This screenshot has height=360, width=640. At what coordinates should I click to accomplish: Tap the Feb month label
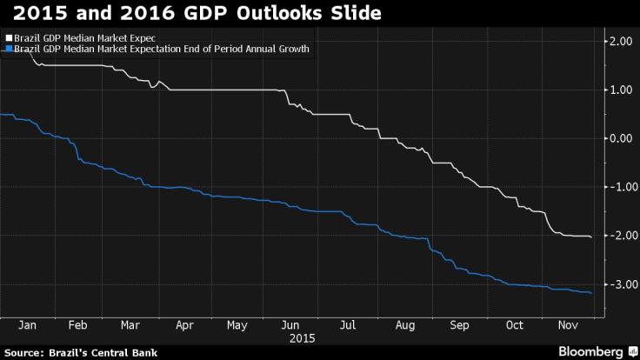pos(78,324)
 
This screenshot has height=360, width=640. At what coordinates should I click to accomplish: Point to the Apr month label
pos(183,324)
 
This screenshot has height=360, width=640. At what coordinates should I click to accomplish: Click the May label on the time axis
pos(236,324)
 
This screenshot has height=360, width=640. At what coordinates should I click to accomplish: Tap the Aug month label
pos(405,324)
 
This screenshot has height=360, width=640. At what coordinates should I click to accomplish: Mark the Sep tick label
pos(459,324)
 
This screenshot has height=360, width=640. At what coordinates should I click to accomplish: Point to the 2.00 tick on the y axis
pos(619,42)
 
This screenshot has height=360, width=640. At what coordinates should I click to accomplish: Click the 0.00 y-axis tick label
pos(619,138)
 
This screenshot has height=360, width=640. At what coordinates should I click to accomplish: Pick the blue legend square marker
pos(6,49)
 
